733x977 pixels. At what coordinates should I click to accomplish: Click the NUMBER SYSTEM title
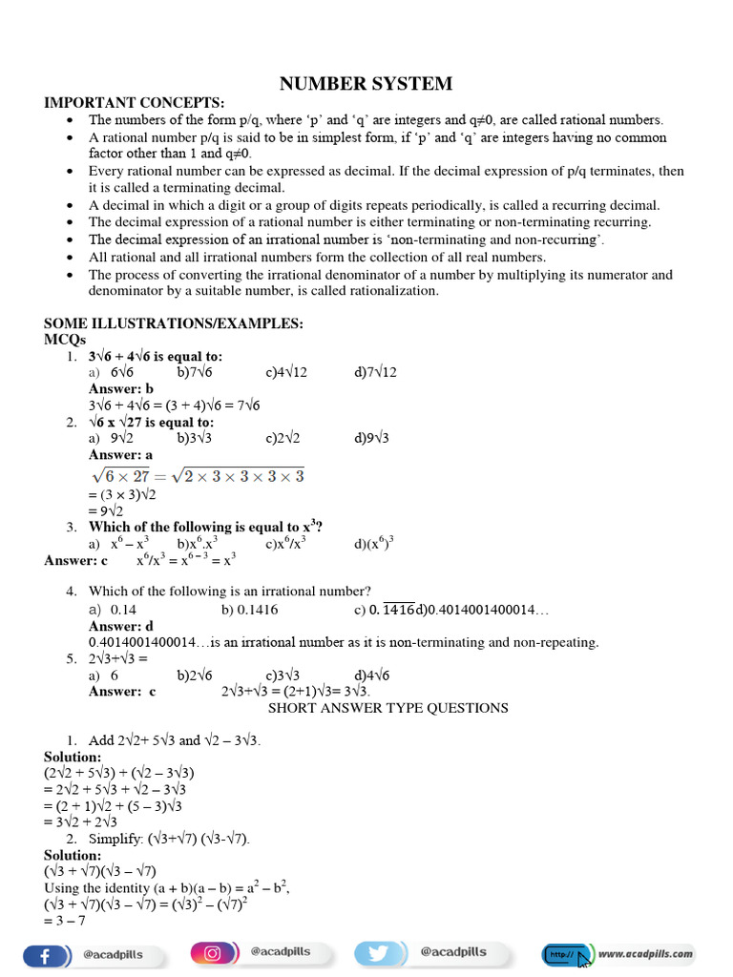366,84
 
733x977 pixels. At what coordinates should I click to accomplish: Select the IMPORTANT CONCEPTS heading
135,102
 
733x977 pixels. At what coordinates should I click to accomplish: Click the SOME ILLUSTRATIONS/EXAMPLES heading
174,324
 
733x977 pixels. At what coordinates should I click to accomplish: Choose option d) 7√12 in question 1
374,372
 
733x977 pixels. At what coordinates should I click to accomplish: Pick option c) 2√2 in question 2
283,438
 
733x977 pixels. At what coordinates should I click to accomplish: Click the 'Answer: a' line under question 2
120,455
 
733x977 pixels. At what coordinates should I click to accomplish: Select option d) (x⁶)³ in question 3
374,544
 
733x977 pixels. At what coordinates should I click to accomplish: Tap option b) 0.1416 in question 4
250,609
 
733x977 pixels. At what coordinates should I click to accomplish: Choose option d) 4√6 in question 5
371,675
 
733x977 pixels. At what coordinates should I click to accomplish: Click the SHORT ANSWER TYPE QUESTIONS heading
387,708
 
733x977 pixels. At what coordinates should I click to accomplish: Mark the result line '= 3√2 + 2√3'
81,821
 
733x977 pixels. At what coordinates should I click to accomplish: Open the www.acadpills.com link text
645,953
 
